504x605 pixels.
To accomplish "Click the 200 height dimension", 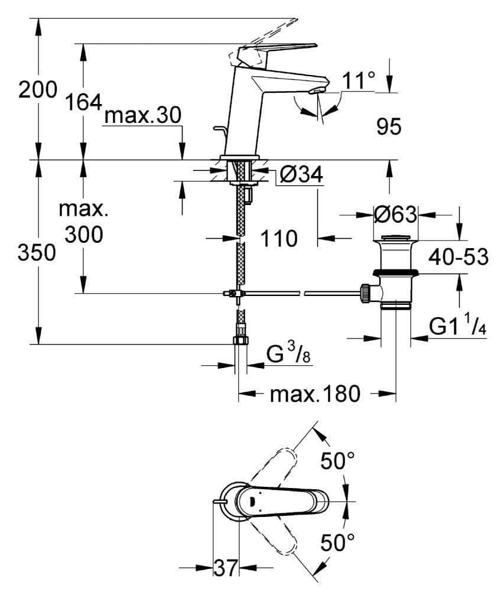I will tap(37, 90).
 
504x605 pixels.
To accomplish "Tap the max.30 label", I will tap(142, 116).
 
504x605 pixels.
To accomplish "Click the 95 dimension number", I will tap(388, 126).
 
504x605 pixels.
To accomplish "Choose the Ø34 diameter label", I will tap(301, 175).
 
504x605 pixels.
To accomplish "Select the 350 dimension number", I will tap(37, 252).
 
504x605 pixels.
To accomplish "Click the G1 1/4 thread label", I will tap(458, 327).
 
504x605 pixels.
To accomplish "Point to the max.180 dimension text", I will tap(314, 393).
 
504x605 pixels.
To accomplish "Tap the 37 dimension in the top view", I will tap(225, 568).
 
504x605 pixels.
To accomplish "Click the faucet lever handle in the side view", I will tap(275, 50).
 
